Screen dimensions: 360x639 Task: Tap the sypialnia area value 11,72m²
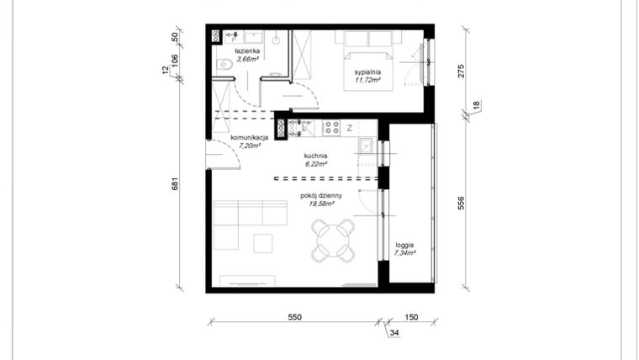point(367,81)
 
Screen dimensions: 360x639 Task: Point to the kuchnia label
point(315,156)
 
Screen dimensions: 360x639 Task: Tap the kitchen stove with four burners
point(331,128)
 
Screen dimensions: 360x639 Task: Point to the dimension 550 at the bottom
point(294,317)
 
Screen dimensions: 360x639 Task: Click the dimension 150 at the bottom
point(411,317)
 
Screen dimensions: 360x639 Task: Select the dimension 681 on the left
point(175,184)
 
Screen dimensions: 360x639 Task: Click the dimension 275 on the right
point(462,71)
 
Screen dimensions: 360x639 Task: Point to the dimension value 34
point(395,333)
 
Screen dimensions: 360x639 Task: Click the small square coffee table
point(264,243)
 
